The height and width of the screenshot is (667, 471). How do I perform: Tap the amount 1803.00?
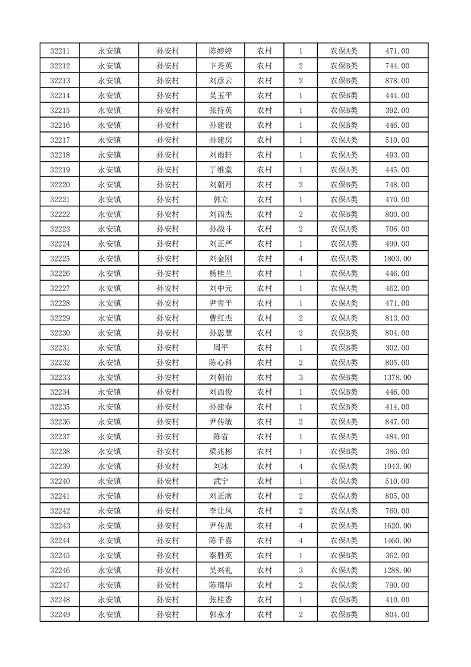coord(397,259)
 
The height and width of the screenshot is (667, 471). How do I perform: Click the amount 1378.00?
coord(397,377)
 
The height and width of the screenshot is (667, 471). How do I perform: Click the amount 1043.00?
coord(397,466)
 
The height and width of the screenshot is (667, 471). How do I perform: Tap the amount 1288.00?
coord(397,570)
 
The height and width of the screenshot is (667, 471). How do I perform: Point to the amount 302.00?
coord(397,348)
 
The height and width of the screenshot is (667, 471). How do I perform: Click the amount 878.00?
coord(397,81)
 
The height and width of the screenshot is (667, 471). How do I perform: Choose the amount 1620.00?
coord(397,526)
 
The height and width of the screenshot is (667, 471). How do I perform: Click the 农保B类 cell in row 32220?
coord(343,184)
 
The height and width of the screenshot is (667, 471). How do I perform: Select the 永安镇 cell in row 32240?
coord(109,481)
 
